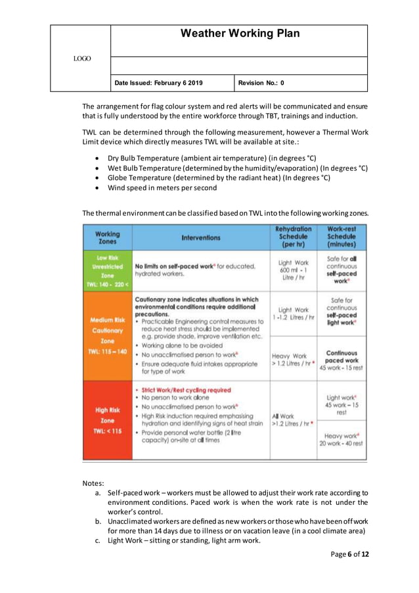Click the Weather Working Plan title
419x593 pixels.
tap(240, 34)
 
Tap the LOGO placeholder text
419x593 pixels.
tap(82, 59)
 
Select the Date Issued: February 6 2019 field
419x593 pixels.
tap(158, 83)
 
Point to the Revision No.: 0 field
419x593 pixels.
tap(261, 83)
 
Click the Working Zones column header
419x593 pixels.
tap(107, 237)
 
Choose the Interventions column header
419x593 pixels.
tap(202, 237)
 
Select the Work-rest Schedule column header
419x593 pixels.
tap(342, 237)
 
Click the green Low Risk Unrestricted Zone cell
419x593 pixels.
tap(107, 271)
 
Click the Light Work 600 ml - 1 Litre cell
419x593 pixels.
tap(293, 271)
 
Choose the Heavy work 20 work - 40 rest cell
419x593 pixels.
tap(342, 439)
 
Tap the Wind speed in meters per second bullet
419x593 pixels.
tap(162, 187)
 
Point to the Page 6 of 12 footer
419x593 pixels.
tap(349, 554)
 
